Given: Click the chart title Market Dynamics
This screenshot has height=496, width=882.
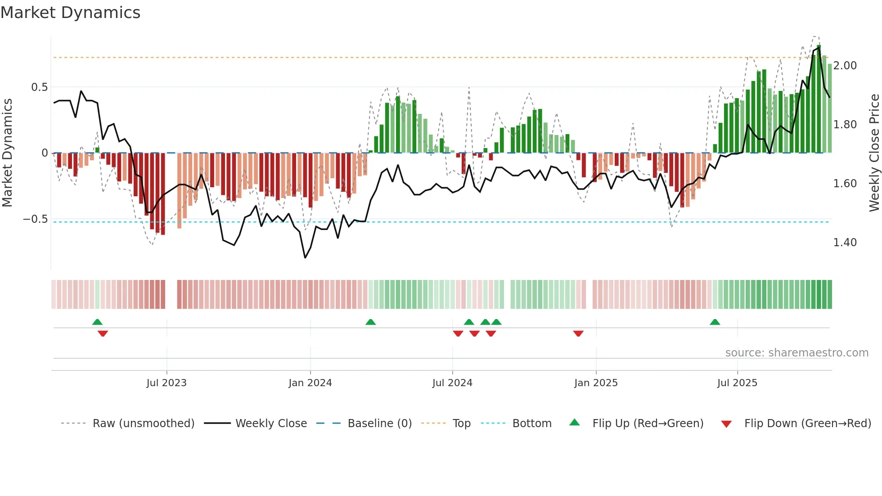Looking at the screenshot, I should (x=70, y=13).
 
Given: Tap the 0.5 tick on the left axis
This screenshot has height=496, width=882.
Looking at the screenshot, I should (x=39, y=87).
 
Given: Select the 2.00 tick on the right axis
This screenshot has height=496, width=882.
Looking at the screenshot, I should (x=845, y=66).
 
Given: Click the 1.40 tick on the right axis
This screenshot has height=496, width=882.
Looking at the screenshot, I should (x=845, y=243).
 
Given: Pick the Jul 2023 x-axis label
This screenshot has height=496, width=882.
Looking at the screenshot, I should (x=166, y=383).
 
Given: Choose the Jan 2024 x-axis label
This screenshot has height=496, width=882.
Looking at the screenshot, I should (x=310, y=383).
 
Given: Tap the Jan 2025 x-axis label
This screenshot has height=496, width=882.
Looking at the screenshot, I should (x=596, y=383).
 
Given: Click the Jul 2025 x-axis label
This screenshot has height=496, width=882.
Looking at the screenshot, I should (x=737, y=383).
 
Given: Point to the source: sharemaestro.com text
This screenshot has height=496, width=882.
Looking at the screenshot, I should (x=796, y=353).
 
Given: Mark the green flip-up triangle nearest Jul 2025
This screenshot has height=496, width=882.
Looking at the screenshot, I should (x=715, y=322).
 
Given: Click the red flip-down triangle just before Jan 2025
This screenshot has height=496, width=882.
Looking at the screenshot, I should (x=578, y=333).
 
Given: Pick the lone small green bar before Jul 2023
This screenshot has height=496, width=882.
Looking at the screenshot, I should (x=97, y=150).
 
